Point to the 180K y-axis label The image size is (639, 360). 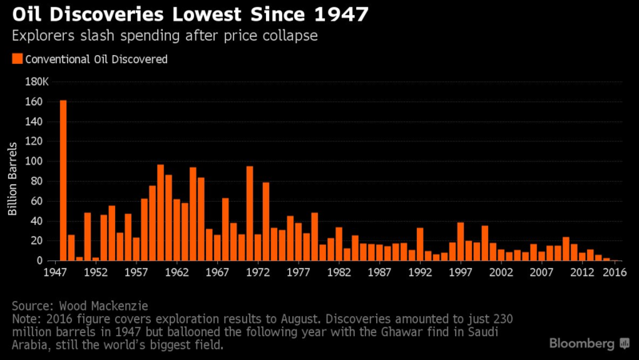click(x=37, y=81)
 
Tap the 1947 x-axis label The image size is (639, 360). click(x=54, y=271)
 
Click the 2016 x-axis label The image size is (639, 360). click(x=613, y=271)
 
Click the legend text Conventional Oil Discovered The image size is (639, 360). click(x=97, y=58)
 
